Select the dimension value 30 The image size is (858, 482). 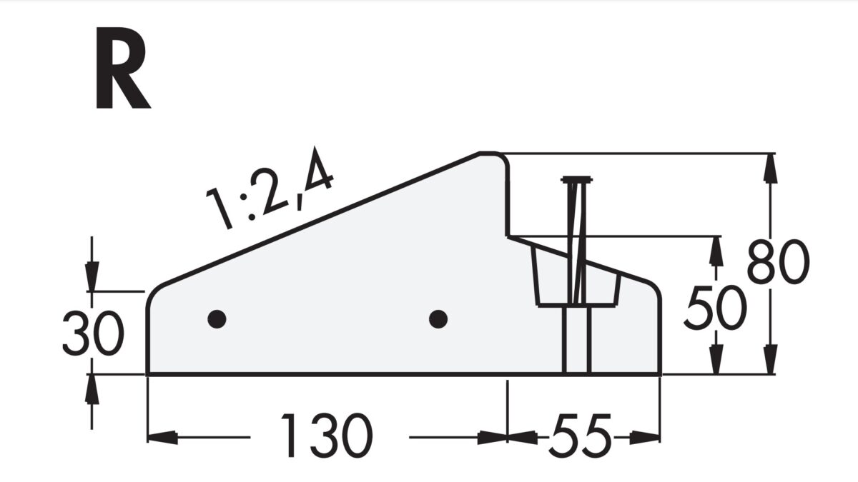(93, 334)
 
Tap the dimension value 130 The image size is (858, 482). (327, 436)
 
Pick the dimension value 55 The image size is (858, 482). (581, 436)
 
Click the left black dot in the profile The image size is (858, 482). (217, 318)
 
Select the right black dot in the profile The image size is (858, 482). (438, 318)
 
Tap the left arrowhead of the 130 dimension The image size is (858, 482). (162, 436)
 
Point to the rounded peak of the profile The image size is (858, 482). (490, 154)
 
